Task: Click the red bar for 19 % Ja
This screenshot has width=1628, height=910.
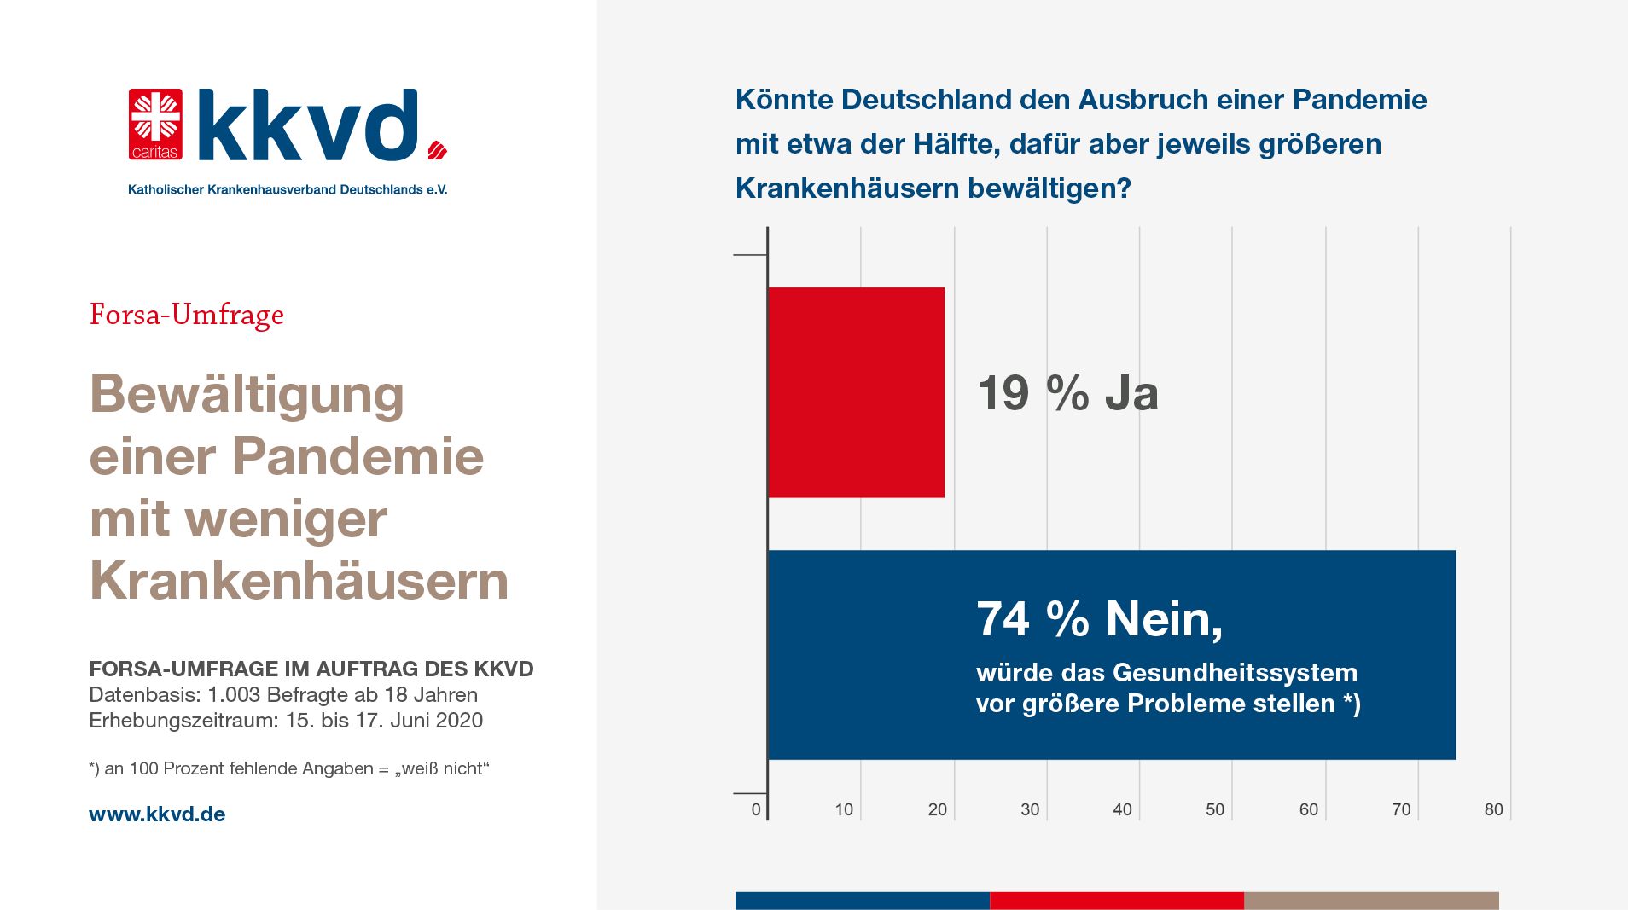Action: [x=856, y=392]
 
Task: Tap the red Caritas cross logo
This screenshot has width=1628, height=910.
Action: [x=155, y=125]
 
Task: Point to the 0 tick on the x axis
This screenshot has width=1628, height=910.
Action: [x=756, y=809]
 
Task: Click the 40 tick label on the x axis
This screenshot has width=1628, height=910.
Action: [x=1122, y=809]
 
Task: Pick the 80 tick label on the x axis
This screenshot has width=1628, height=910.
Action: [x=1493, y=809]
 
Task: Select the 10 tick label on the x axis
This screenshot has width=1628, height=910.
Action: [x=844, y=809]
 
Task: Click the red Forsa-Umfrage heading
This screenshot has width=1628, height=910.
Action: [x=186, y=315]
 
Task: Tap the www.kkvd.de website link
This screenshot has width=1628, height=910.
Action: [x=157, y=814]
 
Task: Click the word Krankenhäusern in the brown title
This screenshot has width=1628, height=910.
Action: [x=299, y=581]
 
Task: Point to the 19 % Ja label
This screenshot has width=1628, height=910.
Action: [x=1067, y=393]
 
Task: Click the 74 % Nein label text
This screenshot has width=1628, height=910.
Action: [x=1099, y=618]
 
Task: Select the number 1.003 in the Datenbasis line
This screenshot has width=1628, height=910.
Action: [x=234, y=695]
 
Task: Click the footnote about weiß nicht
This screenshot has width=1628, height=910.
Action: [x=288, y=768]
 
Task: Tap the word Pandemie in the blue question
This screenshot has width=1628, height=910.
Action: [x=1359, y=100]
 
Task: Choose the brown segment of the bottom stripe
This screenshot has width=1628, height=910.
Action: [x=1370, y=901]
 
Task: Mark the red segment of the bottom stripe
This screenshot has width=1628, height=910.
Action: [x=1116, y=901]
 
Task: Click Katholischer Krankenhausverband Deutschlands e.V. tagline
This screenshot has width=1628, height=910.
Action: [x=288, y=189]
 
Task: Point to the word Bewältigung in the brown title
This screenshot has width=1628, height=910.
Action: [x=247, y=395]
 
